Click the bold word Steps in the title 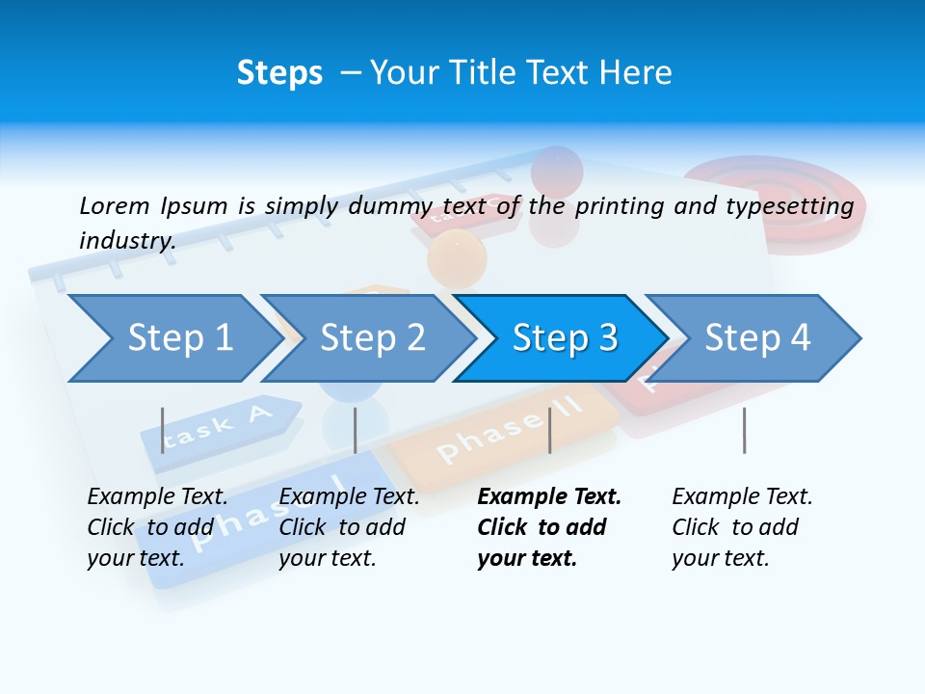pyautogui.click(x=279, y=73)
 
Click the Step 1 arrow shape pyautogui.click(x=173, y=338)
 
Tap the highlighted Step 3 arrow pyautogui.click(x=564, y=338)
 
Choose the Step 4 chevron pyautogui.click(x=756, y=338)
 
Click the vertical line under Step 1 pyautogui.click(x=163, y=430)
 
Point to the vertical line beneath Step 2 pyautogui.click(x=356, y=430)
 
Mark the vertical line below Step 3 pyautogui.click(x=549, y=430)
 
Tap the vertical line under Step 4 pyautogui.click(x=744, y=430)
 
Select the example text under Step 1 pyautogui.click(x=156, y=527)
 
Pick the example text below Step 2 pyautogui.click(x=348, y=527)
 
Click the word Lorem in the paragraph pyautogui.click(x=114, y=205)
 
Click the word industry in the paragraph pyautogui.click(x=126, y=240)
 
